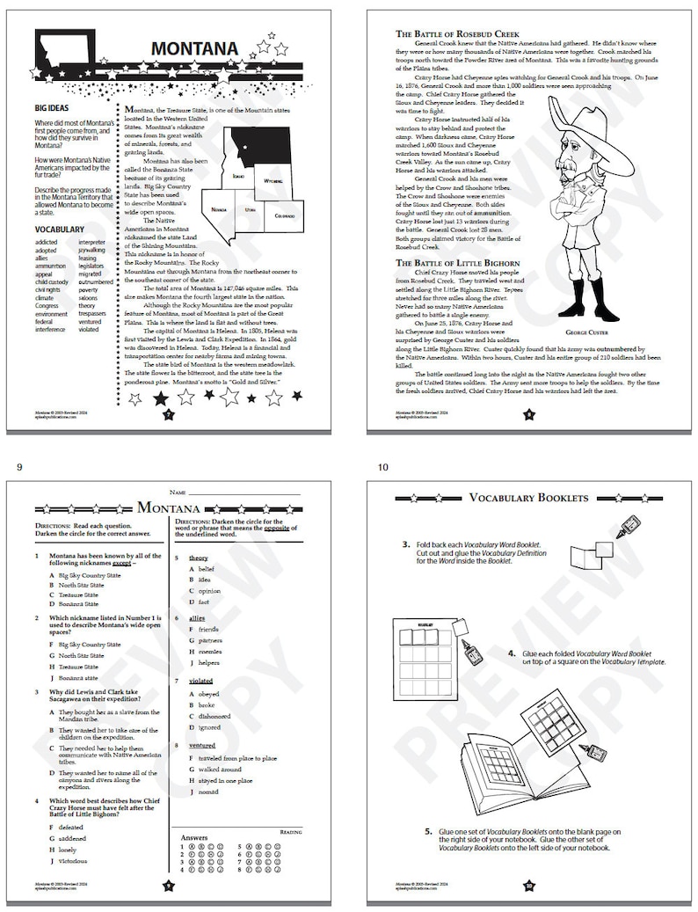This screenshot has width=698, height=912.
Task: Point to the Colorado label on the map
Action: pos(284,215)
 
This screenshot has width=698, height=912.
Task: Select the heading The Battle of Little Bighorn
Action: pos(458,262)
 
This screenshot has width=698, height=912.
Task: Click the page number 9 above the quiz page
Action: pos(19,467)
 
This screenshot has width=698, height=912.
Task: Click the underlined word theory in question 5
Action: pos(198,558)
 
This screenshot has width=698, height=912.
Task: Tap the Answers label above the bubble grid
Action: pos(195,838)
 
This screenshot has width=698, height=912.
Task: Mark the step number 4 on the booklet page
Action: pos(512,653)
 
